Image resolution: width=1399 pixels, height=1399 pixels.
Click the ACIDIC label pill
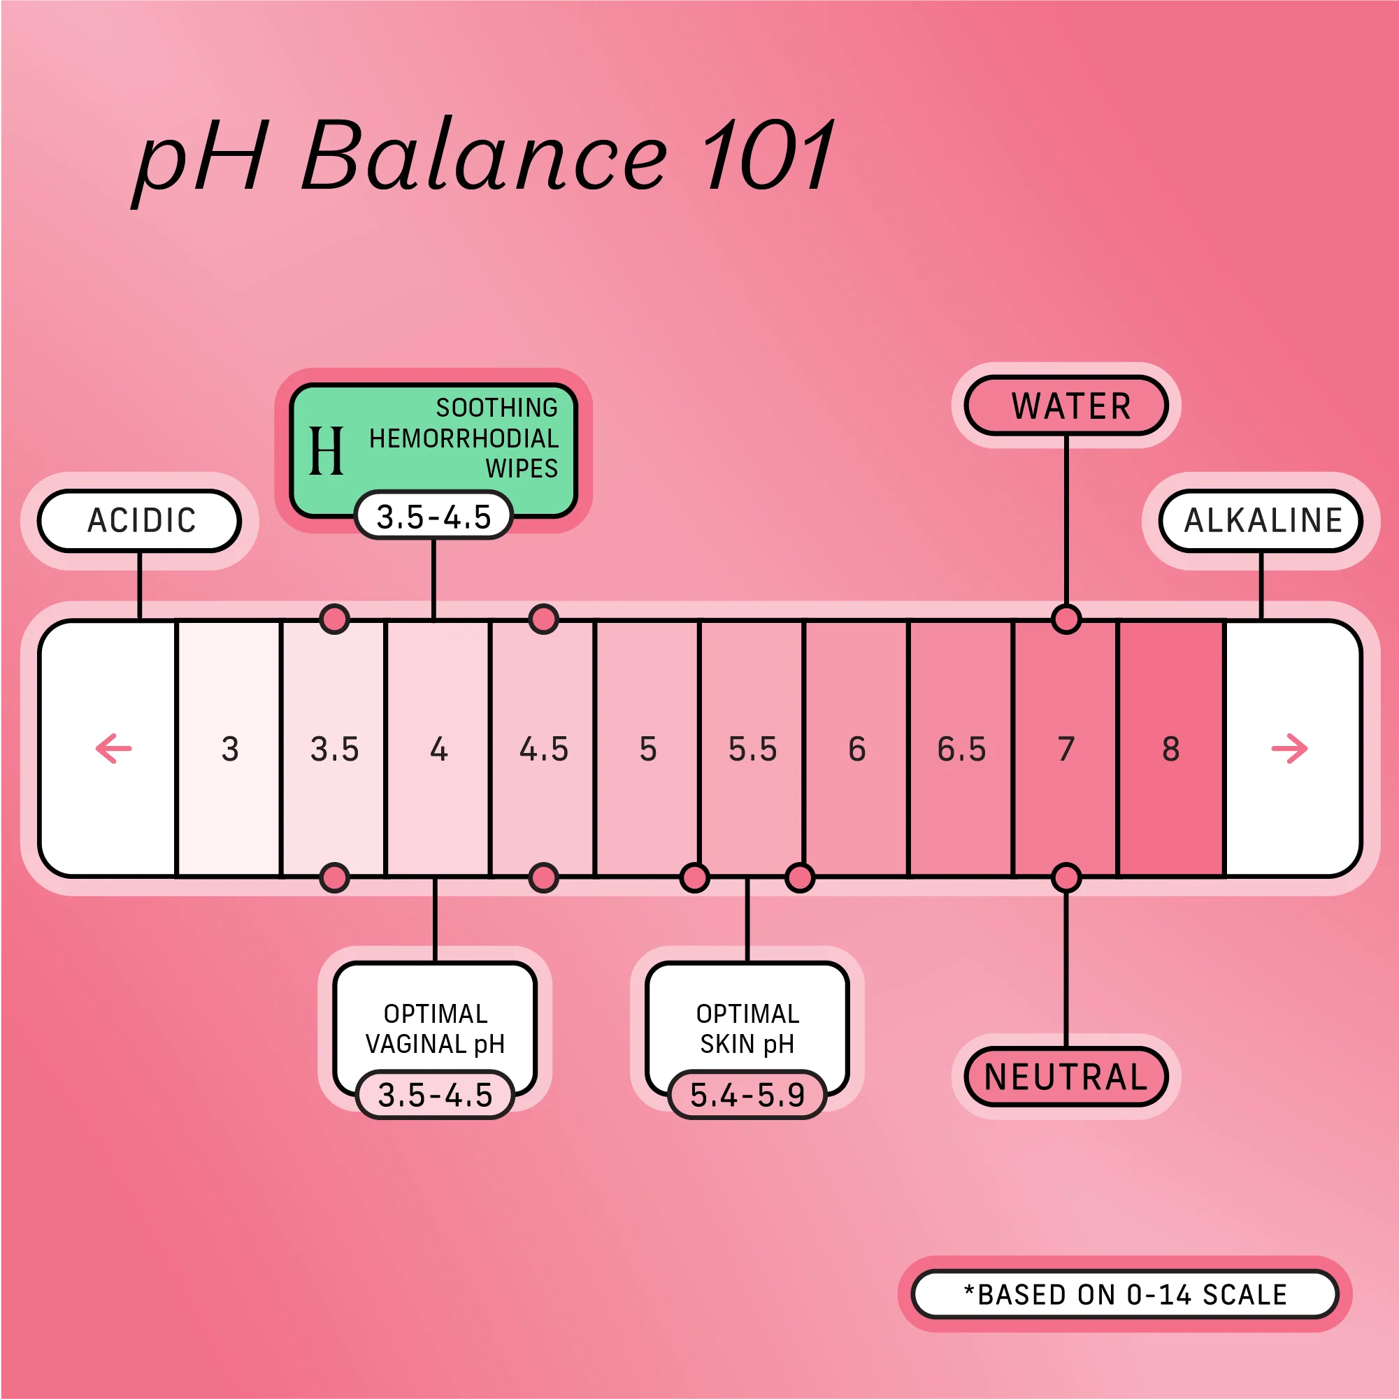point(140,521)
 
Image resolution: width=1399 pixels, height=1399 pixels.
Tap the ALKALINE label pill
point(1261,521)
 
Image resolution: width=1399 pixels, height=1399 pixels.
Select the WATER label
point(1067,406)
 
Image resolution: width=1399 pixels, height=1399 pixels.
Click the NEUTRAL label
point(1067,1077)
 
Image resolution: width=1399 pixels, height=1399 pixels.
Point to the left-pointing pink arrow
point(114,749)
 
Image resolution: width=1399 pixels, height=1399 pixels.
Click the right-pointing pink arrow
point(1290,749)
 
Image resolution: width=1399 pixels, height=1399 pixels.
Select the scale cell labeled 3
point(229,749)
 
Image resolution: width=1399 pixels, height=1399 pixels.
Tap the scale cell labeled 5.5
point(752,749)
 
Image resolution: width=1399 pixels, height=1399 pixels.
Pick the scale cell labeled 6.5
point(961,749)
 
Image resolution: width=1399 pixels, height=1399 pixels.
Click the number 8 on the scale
point(1171,749)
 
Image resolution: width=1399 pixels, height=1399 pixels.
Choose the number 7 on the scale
point(1066,749)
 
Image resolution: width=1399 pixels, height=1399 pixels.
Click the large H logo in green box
point(326,451)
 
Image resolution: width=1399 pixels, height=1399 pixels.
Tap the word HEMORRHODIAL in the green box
point(464,439)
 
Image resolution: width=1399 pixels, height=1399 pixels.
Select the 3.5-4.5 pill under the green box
point(433,516)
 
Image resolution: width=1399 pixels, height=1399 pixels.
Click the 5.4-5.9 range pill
point(747,1095)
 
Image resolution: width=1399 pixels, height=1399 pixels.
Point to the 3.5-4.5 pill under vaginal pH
point(435,1095)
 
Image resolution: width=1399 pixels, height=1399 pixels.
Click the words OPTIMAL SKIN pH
point(747,1028)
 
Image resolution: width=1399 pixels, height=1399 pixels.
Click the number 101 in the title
point(769,156)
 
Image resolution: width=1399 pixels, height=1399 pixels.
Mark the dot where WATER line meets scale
point(1067,619)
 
